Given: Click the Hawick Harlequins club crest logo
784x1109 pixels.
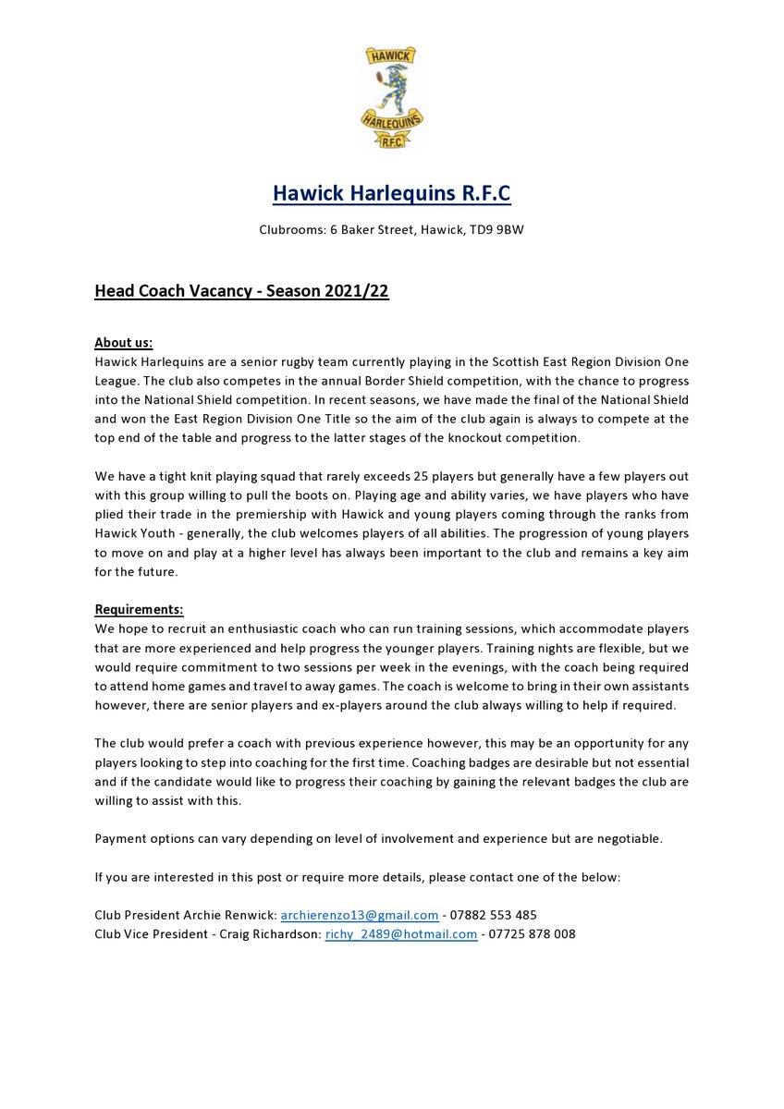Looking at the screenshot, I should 391,96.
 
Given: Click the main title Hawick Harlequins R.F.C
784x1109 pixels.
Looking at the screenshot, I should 391,194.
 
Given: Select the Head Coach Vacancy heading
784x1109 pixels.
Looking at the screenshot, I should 241,292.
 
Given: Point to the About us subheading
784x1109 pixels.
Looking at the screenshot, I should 124,343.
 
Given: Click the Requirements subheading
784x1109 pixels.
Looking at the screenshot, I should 139,609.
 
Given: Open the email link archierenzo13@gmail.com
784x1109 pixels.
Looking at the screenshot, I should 360,915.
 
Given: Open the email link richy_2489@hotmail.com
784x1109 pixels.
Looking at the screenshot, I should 401,934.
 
